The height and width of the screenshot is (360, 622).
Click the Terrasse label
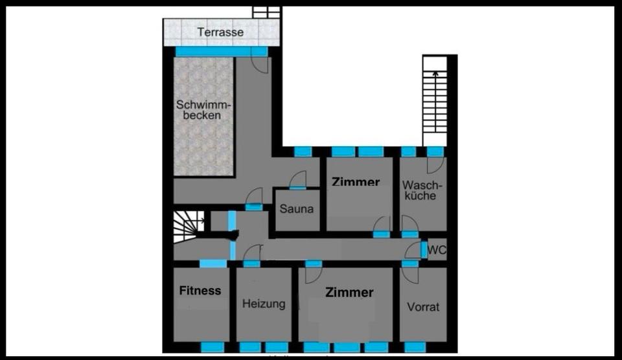220,31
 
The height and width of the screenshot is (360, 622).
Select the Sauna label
297,208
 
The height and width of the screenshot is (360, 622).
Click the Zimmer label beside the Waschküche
356,182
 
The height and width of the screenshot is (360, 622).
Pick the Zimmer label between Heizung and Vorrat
349,293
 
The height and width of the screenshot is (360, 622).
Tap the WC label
437,249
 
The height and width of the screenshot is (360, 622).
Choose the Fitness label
200,291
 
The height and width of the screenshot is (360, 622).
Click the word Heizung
263,304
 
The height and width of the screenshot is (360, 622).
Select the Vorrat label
422,306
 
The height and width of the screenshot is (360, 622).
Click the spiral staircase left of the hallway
189,226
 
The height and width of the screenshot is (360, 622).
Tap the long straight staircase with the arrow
435,100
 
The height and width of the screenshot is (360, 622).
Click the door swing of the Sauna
298,179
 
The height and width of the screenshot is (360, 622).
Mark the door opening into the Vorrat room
409,275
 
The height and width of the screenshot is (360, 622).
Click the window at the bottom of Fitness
212,347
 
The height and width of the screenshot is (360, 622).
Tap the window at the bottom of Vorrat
415,347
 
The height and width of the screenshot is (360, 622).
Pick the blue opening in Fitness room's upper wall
213,263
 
